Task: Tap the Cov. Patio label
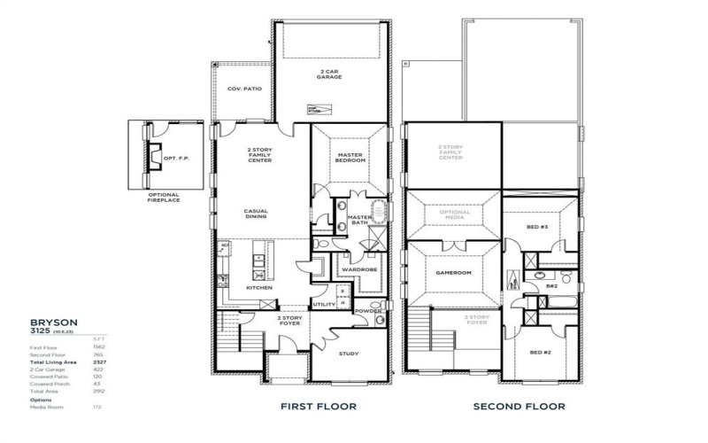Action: [242, 89]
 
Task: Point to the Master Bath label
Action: [358, 220]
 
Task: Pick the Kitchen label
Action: [259, 287]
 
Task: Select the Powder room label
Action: [367, 311]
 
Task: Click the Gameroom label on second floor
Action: [453, 273]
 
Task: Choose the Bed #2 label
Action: [541, 352]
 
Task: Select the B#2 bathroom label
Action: [551, 285]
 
